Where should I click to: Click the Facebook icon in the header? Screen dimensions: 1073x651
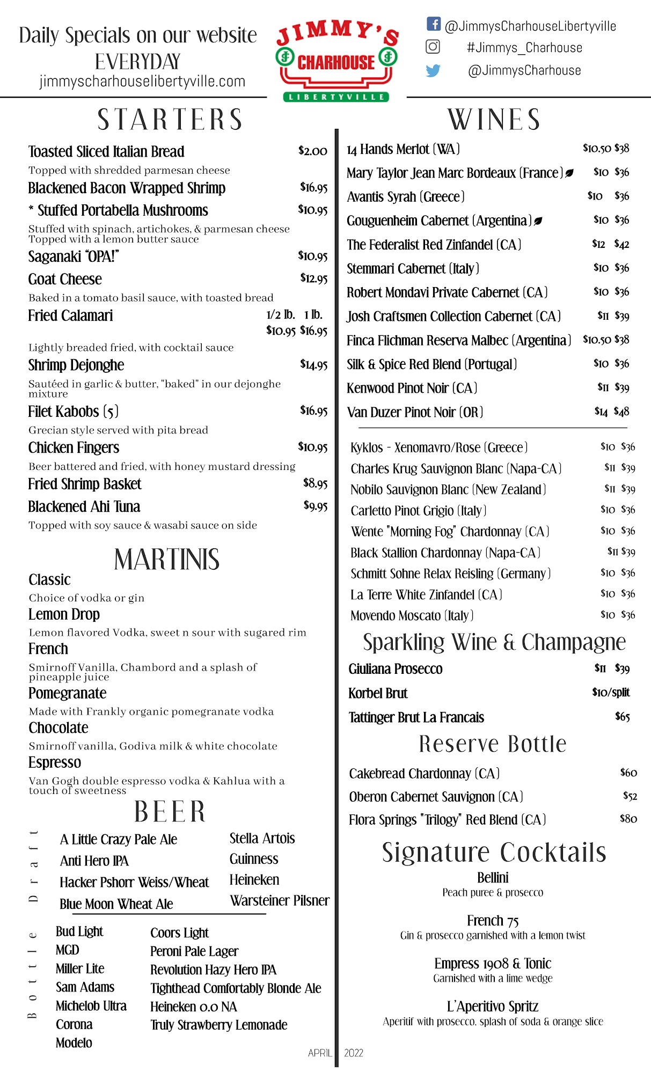[434, 24]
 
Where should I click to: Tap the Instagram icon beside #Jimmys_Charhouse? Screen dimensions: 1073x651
[433, 47]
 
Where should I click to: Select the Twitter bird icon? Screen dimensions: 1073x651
[433, 70]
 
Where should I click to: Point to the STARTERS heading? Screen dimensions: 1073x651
[170, 119]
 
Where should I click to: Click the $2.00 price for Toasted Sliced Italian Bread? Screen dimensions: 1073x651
[313, 151]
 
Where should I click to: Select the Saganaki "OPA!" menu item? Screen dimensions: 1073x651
[74, 256]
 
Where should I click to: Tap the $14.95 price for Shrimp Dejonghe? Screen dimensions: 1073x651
[314, 365]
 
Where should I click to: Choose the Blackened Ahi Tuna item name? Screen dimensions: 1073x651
[84, 506]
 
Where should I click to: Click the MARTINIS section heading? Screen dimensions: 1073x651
[167, 560]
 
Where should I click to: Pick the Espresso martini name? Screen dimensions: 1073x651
[55, 762]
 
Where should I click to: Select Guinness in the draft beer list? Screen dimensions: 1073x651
[254, 859]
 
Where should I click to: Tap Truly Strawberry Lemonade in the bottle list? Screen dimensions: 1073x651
[219, 1025]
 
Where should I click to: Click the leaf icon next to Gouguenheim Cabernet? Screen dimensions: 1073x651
[538, 221]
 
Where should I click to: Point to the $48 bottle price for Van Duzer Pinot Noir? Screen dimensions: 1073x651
[621, 411]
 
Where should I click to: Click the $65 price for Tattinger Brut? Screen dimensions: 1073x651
[623, 717]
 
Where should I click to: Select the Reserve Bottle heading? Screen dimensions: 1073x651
[493, 744]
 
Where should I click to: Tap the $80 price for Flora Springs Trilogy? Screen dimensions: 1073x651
[628, 819]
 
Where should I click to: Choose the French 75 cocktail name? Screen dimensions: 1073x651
[493, 921]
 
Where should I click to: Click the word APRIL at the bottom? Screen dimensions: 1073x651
[320, 1053]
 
